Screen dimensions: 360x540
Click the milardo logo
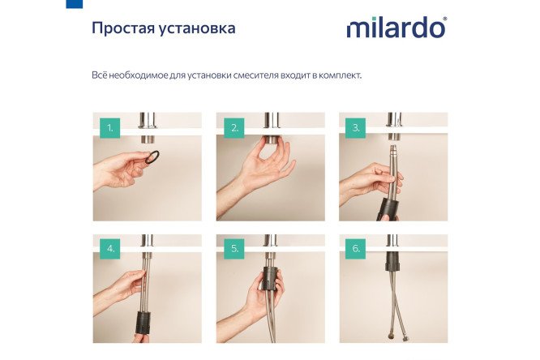[x=396, y=28]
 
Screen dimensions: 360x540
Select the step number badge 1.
[x=109, y=128]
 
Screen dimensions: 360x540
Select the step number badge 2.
[x=234, y=128]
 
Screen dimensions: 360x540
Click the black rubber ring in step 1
[x=152, y=155]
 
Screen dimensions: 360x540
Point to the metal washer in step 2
[x=270, y=148]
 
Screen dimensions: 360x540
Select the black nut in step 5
[x=269, y=277]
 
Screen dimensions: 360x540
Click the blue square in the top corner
[x=74, y=3]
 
